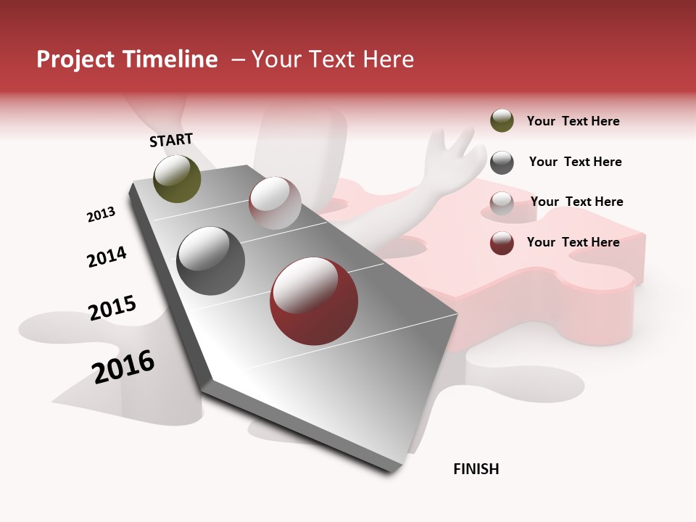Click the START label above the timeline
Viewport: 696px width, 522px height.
coord(171,140)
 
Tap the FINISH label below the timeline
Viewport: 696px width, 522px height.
coord(476,469)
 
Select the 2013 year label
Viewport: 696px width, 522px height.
coord(101,215)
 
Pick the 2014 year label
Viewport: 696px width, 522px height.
coord(107,257)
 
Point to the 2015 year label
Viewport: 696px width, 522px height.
coord(112,307)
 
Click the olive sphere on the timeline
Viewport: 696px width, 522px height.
coord(177,178)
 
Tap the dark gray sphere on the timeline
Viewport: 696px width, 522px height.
coord(211,261)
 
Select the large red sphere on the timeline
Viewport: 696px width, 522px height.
coord(313,301)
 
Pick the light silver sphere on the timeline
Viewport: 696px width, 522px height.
coord(275,203)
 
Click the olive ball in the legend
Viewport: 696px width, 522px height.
coord(502,121)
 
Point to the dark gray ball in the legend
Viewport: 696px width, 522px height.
coord(502,162)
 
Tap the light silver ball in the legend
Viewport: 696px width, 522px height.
coord(502,202)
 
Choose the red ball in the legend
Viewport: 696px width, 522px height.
coord(502,243)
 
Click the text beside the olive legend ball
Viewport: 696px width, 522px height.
coord(573,121)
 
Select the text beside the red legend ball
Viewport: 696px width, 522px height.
coord(573,242)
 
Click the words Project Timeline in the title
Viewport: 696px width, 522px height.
coord(127,59)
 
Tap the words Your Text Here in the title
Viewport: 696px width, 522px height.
coord(333,59)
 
